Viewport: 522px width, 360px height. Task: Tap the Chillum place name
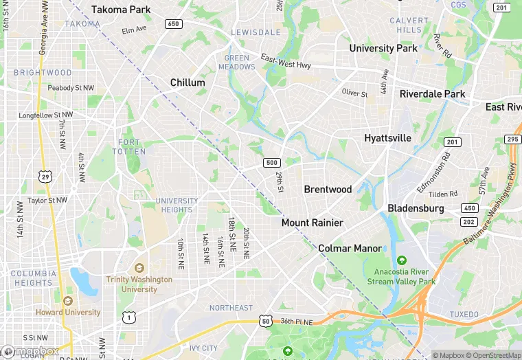pyautogui.click(x=188, y=82)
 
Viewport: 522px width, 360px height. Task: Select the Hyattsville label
pyautogui.click(x=387, y=138)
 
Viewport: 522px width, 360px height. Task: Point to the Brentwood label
pyautogui.click(x=328, y=190)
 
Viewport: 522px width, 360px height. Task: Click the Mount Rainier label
pyautogui.click(x=312, y=223)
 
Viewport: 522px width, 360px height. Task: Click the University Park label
pyautogui.click(x=383, y=48)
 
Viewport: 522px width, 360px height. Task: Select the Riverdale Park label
pyautogui.click(x=432, y=94)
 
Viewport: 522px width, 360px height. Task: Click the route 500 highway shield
pyautogui.click(x=271, y=163)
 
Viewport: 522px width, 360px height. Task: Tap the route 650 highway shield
pyautogui.click(x=174, y=24)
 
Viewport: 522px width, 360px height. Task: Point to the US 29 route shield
pyautogui.click(x=45, y=177)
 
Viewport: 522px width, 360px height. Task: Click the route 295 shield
pyautogui.click(x=512, y=139)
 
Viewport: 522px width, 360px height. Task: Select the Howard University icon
pyautogui.click(x=67, y=300)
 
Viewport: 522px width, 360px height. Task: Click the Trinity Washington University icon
pyautogui.click(x=139, y=268)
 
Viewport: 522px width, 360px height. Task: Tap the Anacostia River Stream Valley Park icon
pyautogui.click(x=401, y=260)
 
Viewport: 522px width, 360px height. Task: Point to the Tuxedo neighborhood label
pyautogui.click(x=464, y=314)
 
